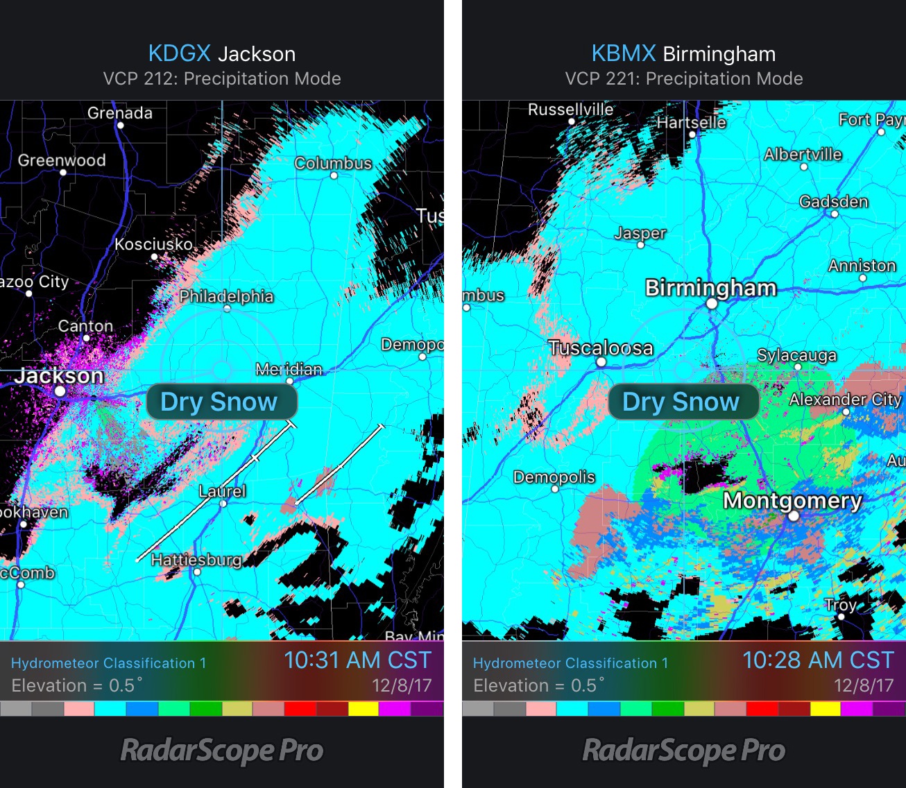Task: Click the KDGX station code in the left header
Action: [179, 53]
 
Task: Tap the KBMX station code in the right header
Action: [623, 53]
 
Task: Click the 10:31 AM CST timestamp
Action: [357, 660]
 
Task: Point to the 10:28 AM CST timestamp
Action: [818, 660]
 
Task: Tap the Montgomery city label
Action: [792, 500]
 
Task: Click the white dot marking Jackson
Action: [60, 392]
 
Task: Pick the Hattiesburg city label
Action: [196, 560]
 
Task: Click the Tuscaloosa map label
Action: [601, 348]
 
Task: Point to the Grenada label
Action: [119, 113]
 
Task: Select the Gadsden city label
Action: [833, 202]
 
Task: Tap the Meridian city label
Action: [289, 369]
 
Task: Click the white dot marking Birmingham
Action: [712, 304]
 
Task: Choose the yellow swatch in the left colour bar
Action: [364, 709]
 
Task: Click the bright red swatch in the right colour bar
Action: [762, 709]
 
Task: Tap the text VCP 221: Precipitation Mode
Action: [683, 79]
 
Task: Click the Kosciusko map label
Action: [153, 244]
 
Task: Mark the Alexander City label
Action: [845, 400]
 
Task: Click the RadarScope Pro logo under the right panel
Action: [683, 751]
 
